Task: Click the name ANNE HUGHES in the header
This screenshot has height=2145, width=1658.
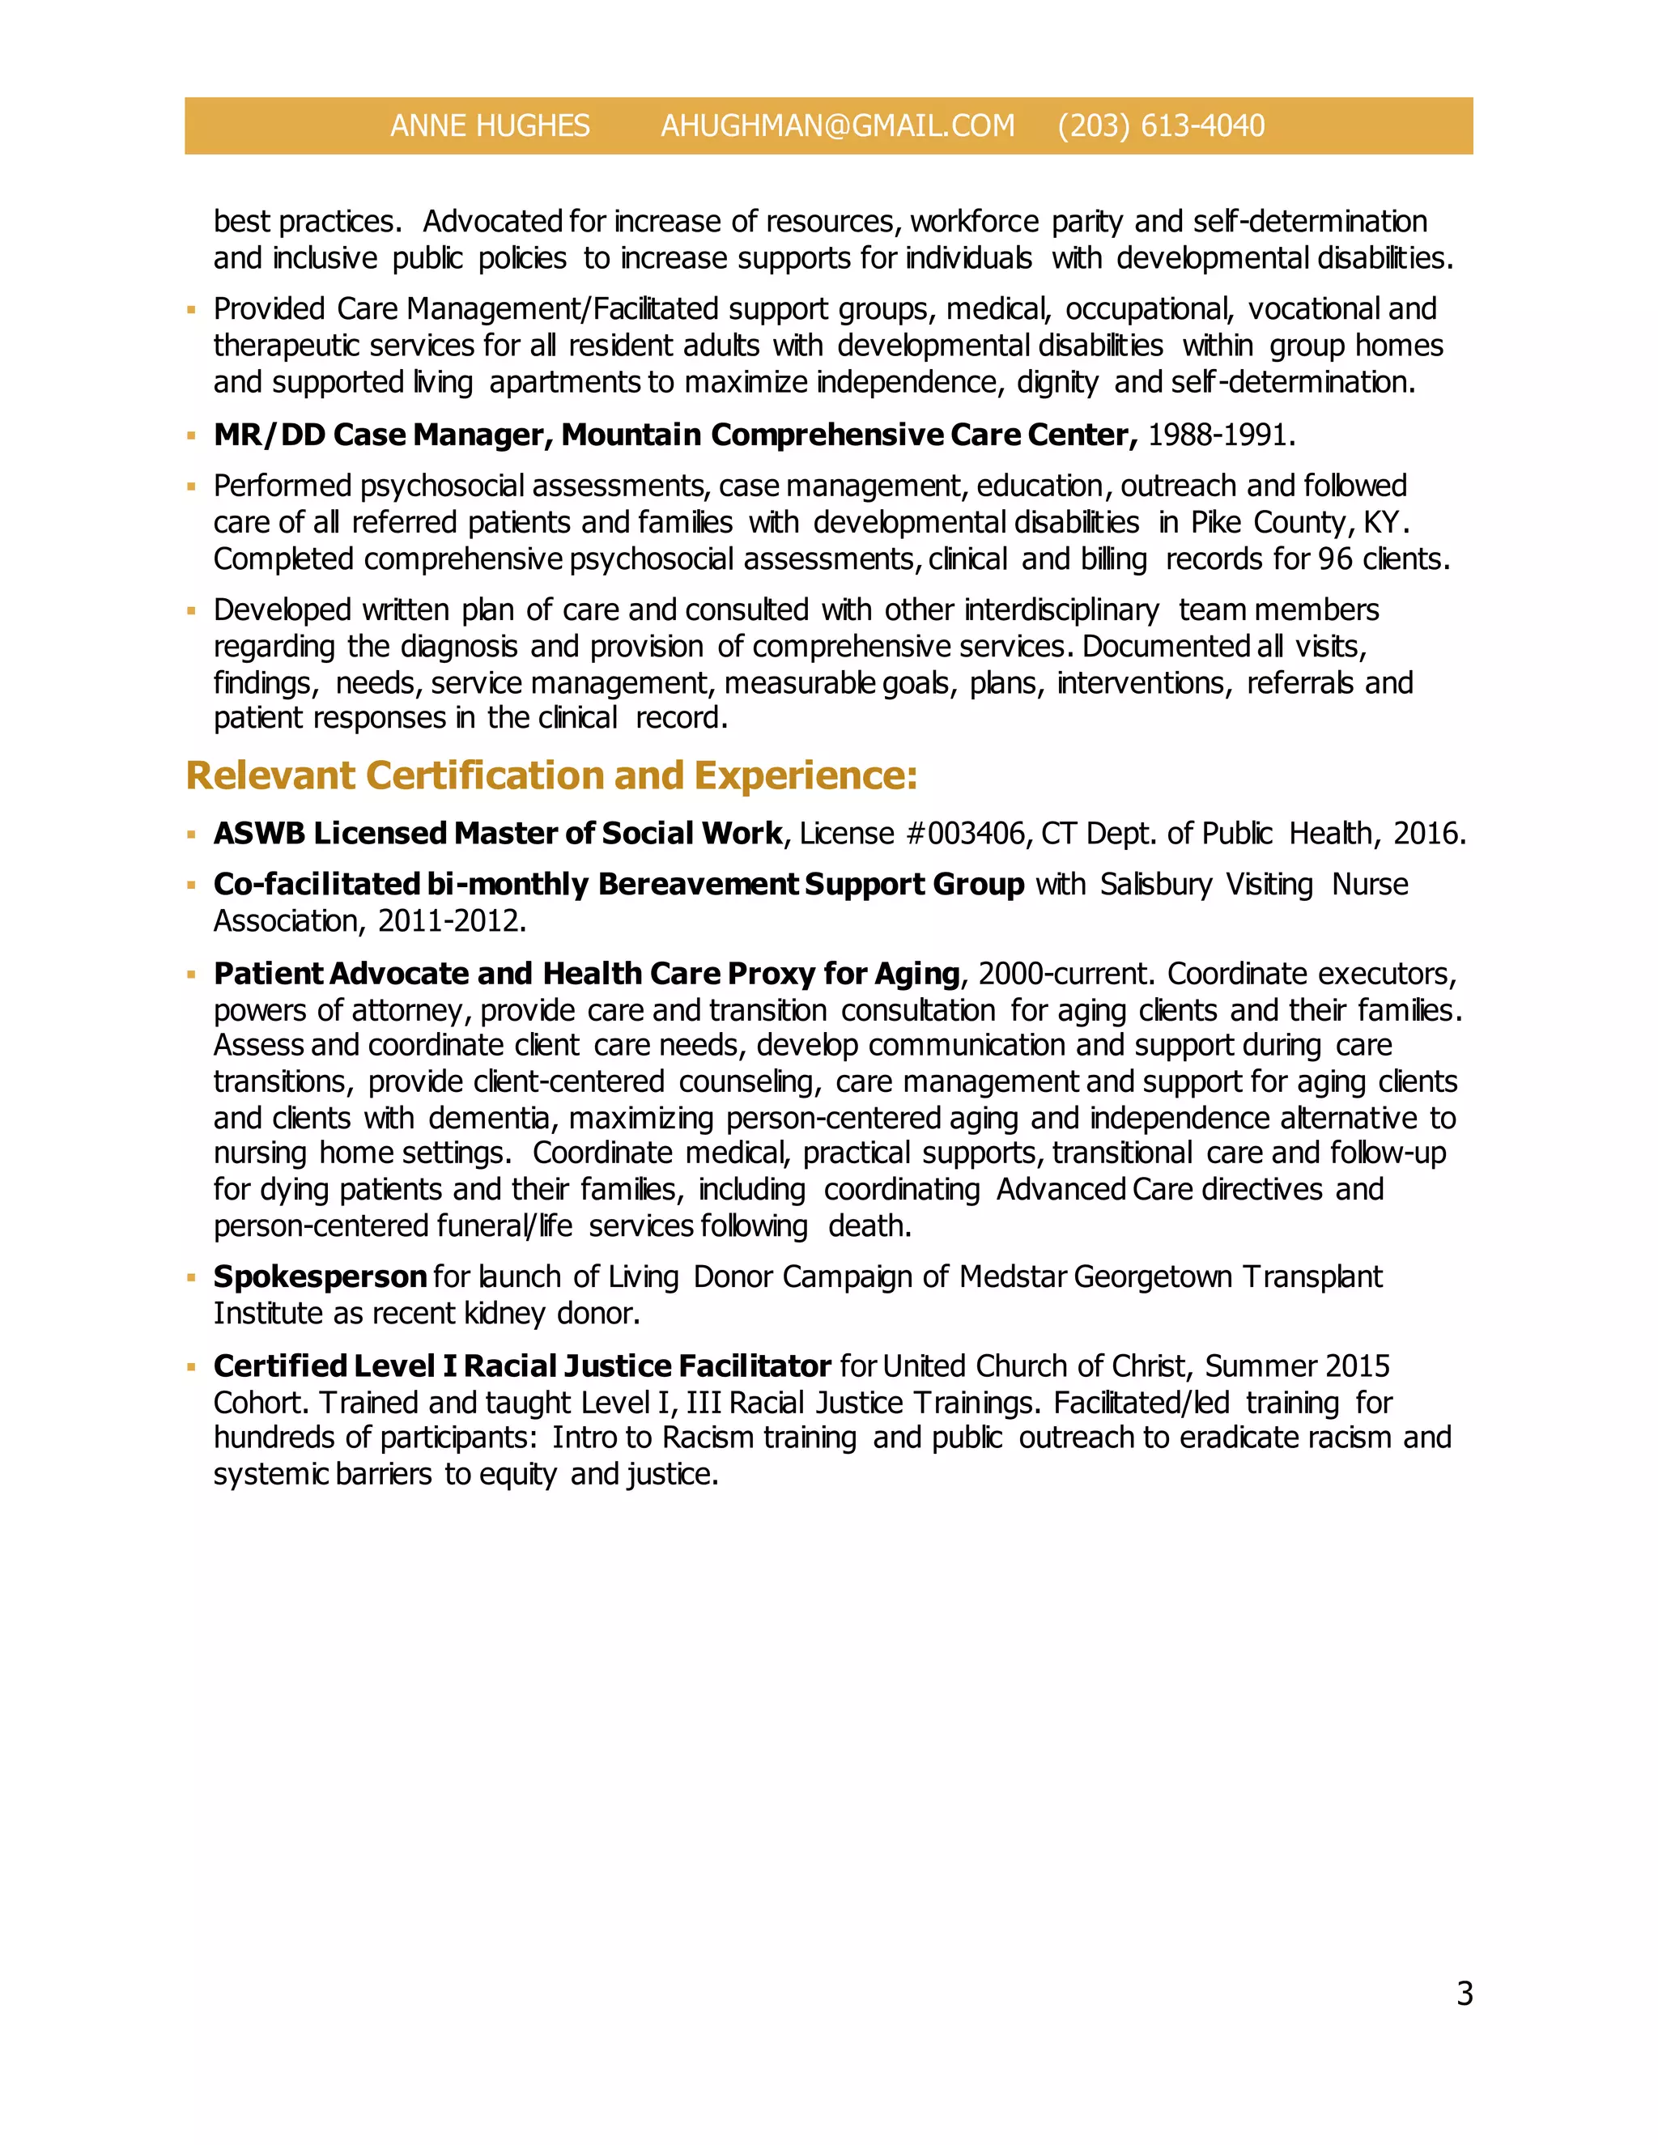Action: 489,125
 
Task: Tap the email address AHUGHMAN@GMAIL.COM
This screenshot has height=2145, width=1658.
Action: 837,125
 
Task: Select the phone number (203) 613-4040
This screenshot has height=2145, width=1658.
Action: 1161,125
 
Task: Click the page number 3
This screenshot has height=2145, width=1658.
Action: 1464,1993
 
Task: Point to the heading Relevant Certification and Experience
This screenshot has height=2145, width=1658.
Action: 551,776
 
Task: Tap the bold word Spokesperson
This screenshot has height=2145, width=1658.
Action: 319,1276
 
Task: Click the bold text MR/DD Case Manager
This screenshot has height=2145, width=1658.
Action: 382,435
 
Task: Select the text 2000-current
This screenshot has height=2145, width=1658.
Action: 1064,975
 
